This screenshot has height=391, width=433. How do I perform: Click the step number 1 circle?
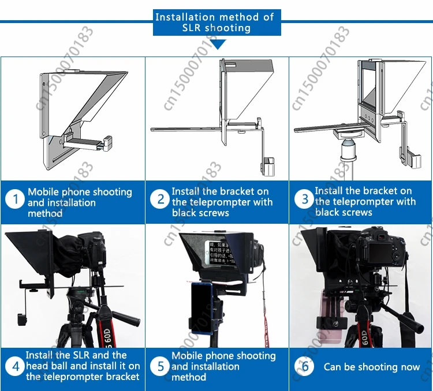[x=15, y=200]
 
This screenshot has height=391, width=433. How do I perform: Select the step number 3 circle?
[x=305, y=200]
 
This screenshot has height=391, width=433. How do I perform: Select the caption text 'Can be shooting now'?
[x=372, y=367]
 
